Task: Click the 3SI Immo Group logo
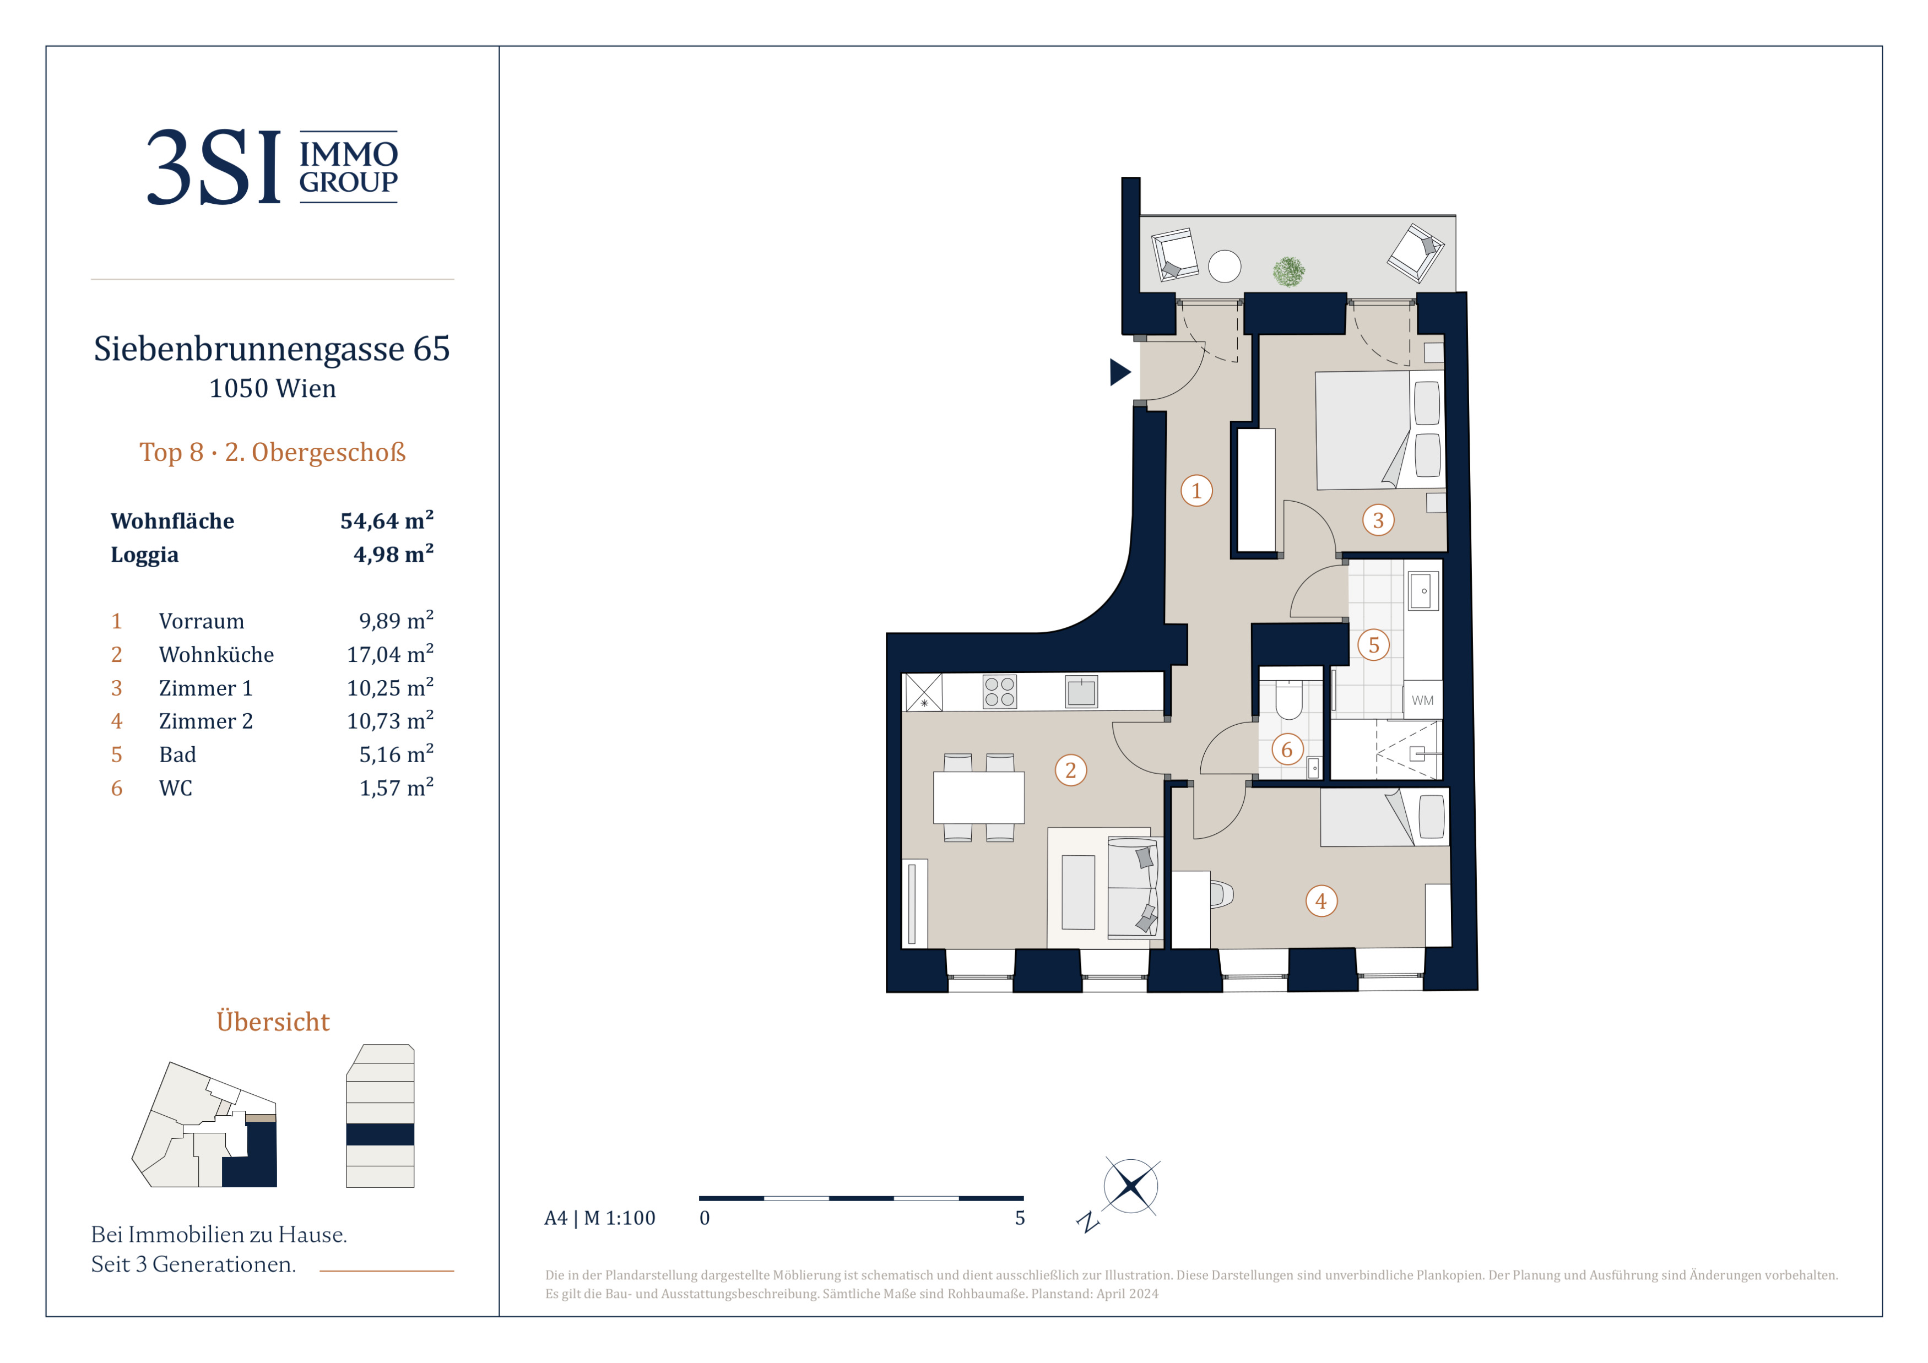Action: coord(272,166)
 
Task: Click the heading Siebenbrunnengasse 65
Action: coord(272,349)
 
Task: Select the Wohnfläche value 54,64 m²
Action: coord(387,520)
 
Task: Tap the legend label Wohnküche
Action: coord(216,655)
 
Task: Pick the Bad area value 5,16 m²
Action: coord(397,754)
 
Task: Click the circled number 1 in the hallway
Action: coord(1196,491)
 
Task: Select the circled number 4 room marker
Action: coord(1321,902)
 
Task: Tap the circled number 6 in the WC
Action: coord(1286,750)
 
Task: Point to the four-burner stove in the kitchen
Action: coord(999,692)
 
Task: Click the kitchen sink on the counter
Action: coord(1081,692)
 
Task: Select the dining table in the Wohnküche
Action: coord(978,797)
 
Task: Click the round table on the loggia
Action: coord(1225,267)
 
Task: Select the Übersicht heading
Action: coord(273,1022)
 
